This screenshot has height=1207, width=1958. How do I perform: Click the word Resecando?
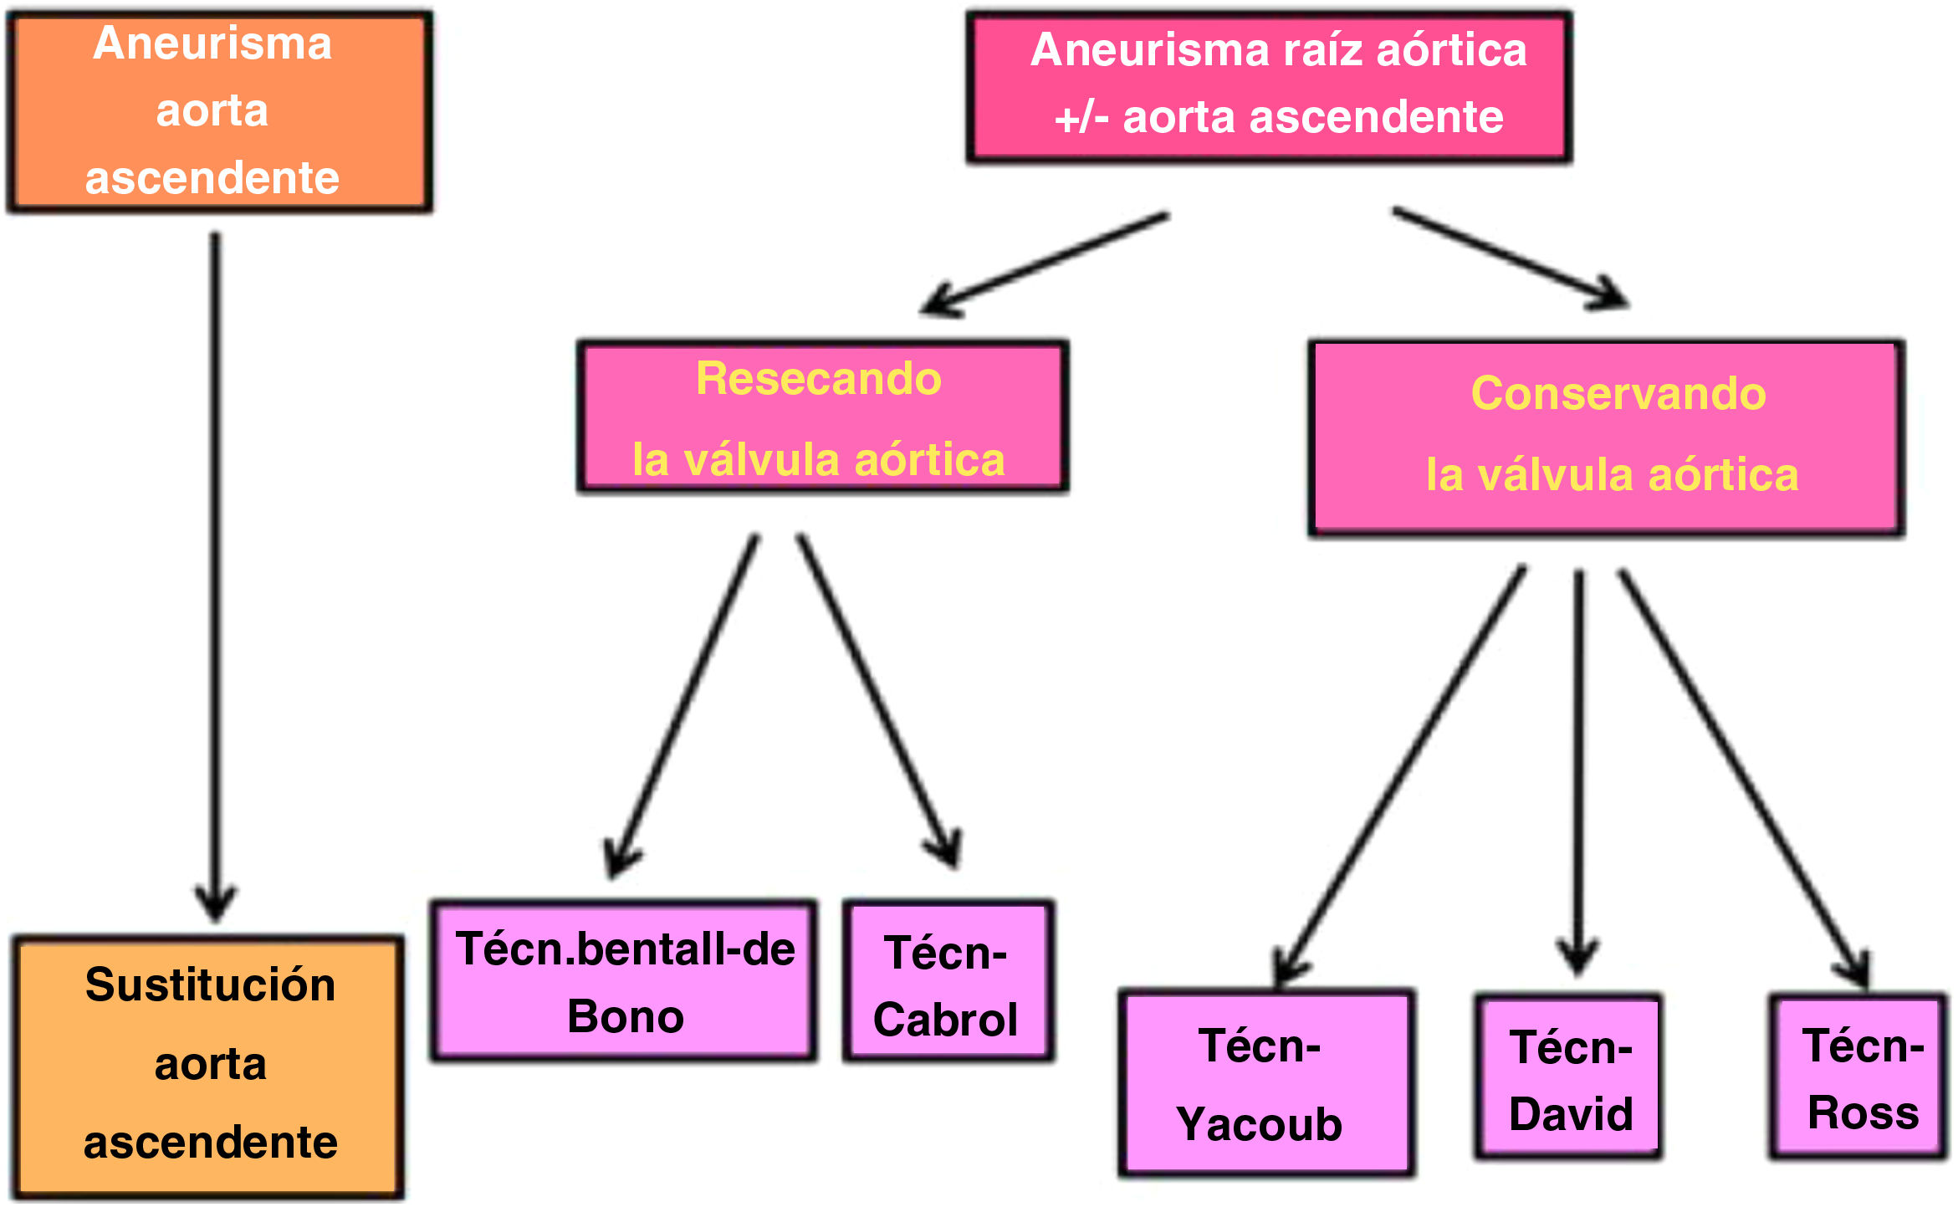coord(818,379)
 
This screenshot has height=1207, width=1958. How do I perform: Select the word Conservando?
coord(1618,393)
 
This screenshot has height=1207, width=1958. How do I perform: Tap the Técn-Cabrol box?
coord(948,981)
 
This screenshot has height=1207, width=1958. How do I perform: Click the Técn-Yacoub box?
coord(1265,1082)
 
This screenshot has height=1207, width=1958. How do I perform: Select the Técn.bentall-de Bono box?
coord(624,981)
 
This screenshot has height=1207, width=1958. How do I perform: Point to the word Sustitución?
coord(210,985)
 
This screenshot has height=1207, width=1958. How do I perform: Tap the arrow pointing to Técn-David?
coord(1578,770)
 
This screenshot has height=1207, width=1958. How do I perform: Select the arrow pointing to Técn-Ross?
coord(1744,778)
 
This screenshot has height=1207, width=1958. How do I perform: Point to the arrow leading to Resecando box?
coord(1045,263)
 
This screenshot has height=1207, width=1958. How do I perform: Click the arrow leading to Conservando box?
coord(1510,258)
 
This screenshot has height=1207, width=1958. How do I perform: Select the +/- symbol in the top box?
coord(1081,117)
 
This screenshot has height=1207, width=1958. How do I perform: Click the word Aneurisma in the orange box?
coord(212,43)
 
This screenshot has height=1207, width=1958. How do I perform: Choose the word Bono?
coord(626,1017)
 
